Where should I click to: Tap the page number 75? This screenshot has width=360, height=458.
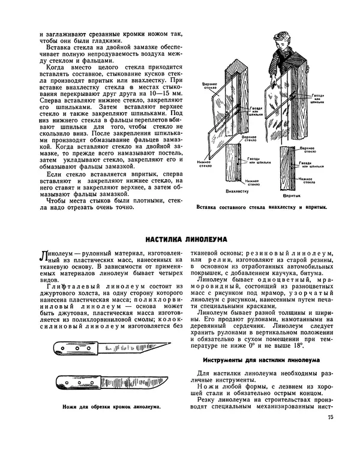coord(331,418)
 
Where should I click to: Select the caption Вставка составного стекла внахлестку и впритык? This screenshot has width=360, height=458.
coord(262,208)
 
